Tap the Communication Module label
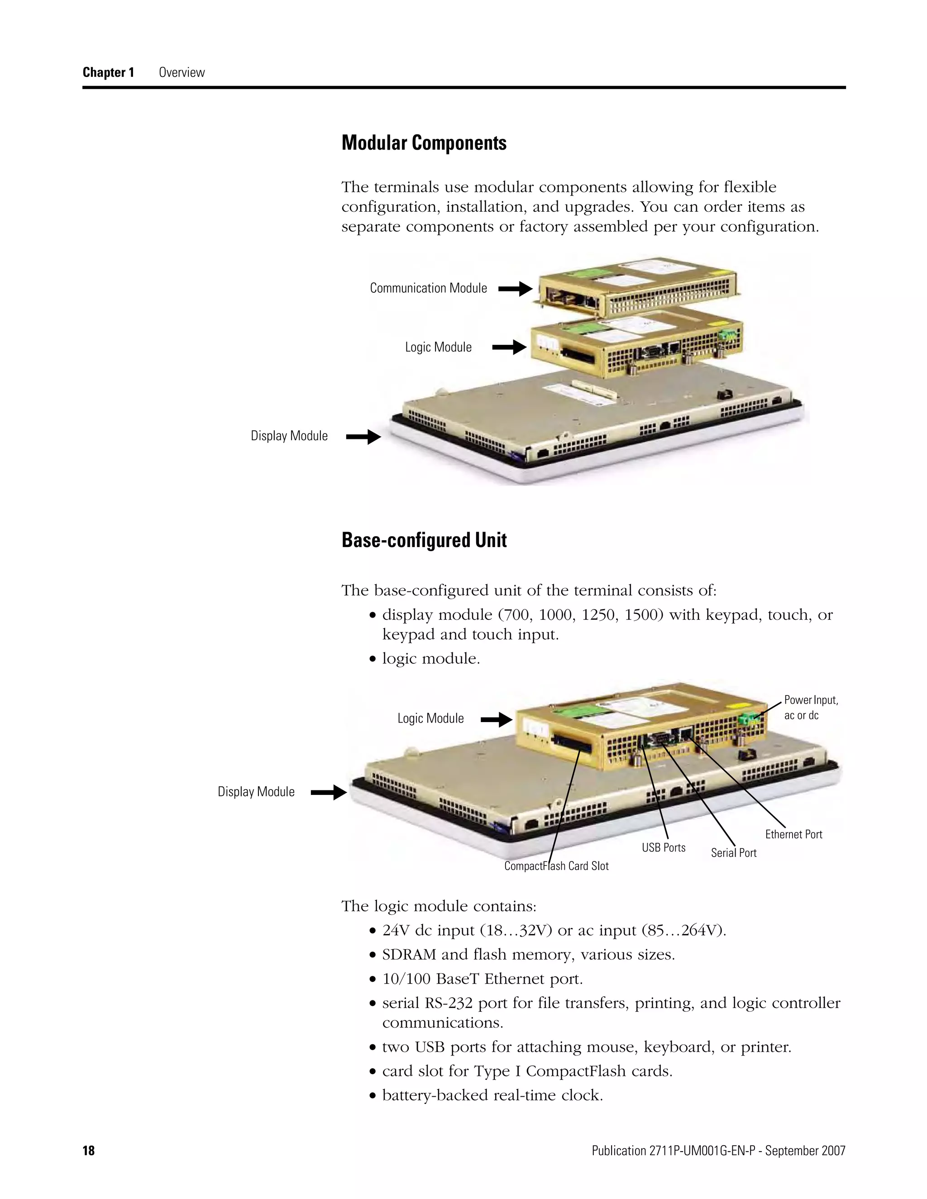click(x=428, y=288)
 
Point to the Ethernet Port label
click(x=793, y=834)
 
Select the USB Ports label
click(x=664, y=847)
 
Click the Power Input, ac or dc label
click(x=811, y=708)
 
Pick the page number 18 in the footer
click(x=88, y=1151)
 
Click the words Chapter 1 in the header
click(x=108, y=72)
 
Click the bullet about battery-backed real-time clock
click(x=492, y=1095)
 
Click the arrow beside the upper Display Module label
click(x=363, y=438)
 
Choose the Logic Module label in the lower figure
click(x=430, y=718)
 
